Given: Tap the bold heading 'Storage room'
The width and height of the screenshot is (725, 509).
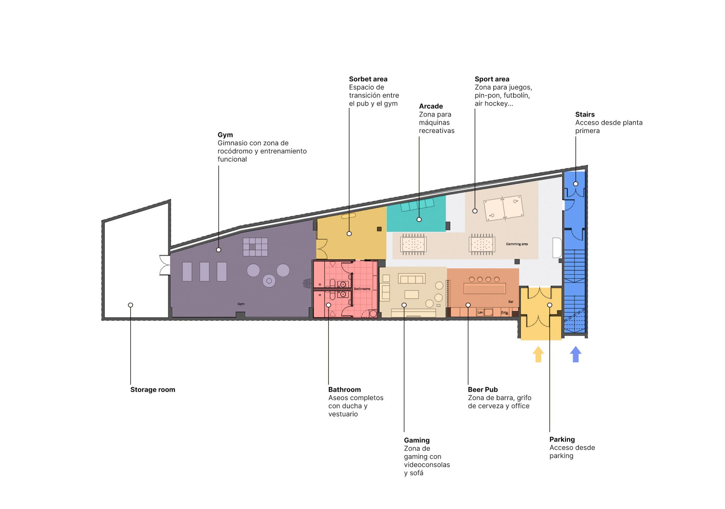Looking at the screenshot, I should [153, 389].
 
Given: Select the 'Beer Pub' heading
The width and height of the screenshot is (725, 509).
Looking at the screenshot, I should [483, 389].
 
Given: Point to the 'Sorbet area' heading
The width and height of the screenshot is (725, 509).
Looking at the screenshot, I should [368, 79].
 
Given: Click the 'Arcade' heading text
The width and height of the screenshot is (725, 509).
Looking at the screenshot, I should [431, 106].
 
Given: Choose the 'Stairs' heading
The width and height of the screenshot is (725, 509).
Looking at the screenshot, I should [584, 114].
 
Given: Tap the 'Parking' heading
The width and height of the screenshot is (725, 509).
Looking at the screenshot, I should [562, 439].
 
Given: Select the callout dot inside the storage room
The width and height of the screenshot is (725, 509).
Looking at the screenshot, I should [131, 305].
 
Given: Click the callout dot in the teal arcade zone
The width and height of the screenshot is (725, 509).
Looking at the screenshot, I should [419, 219].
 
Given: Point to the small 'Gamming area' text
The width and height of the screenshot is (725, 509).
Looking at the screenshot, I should [516, 244].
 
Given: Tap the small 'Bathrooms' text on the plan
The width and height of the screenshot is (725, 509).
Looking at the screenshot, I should [362, 289].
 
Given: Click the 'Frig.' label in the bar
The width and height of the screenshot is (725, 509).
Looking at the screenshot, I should [504, 313].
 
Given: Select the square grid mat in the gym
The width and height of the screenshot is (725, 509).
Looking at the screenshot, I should [255, 247].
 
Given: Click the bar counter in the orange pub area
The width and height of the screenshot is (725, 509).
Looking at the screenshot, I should [484, 288].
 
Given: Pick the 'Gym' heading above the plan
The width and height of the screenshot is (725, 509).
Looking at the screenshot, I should [225, 135].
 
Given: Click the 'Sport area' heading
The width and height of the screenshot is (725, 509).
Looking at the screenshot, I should [492, 79].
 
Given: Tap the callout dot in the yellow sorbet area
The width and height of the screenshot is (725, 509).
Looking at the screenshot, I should [349, 234].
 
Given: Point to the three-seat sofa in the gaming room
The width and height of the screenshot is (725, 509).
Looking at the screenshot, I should [411, 279].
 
